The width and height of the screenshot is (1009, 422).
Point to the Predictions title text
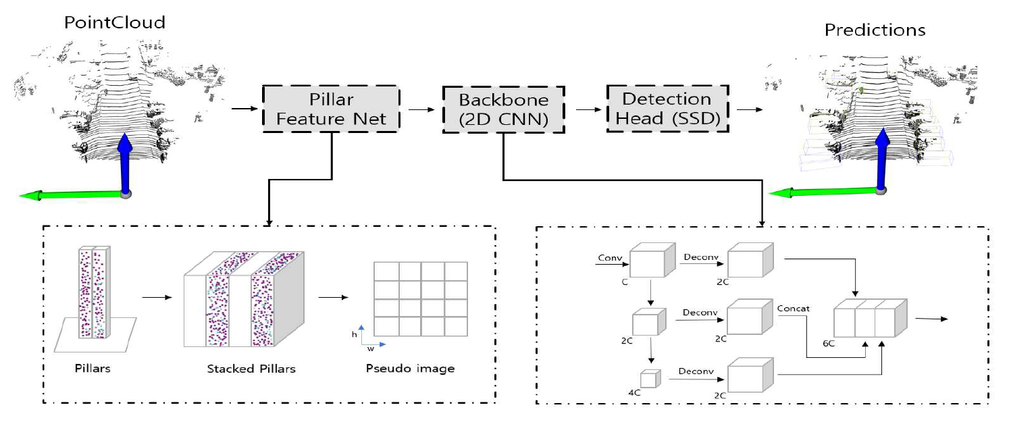[875, 30]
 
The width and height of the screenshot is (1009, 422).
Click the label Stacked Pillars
[251, 369]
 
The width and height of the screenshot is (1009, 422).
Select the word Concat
[794, 309]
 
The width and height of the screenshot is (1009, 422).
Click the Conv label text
[609, 258]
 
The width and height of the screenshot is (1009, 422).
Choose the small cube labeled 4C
[649, 379]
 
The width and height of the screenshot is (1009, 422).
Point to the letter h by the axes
[355, 334]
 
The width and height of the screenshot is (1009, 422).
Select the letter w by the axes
[371, 350]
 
